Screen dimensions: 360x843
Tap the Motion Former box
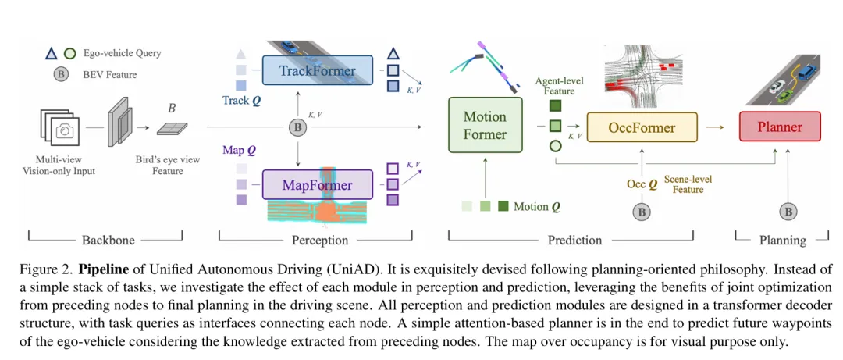485,126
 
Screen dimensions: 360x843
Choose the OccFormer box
642,127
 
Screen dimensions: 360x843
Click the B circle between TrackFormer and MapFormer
297,127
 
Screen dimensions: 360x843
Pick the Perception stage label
319,240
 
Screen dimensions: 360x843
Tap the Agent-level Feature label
559,86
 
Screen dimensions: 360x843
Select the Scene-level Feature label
688,184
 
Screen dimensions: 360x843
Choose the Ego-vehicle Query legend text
122,54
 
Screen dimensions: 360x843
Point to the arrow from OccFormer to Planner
713,127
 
